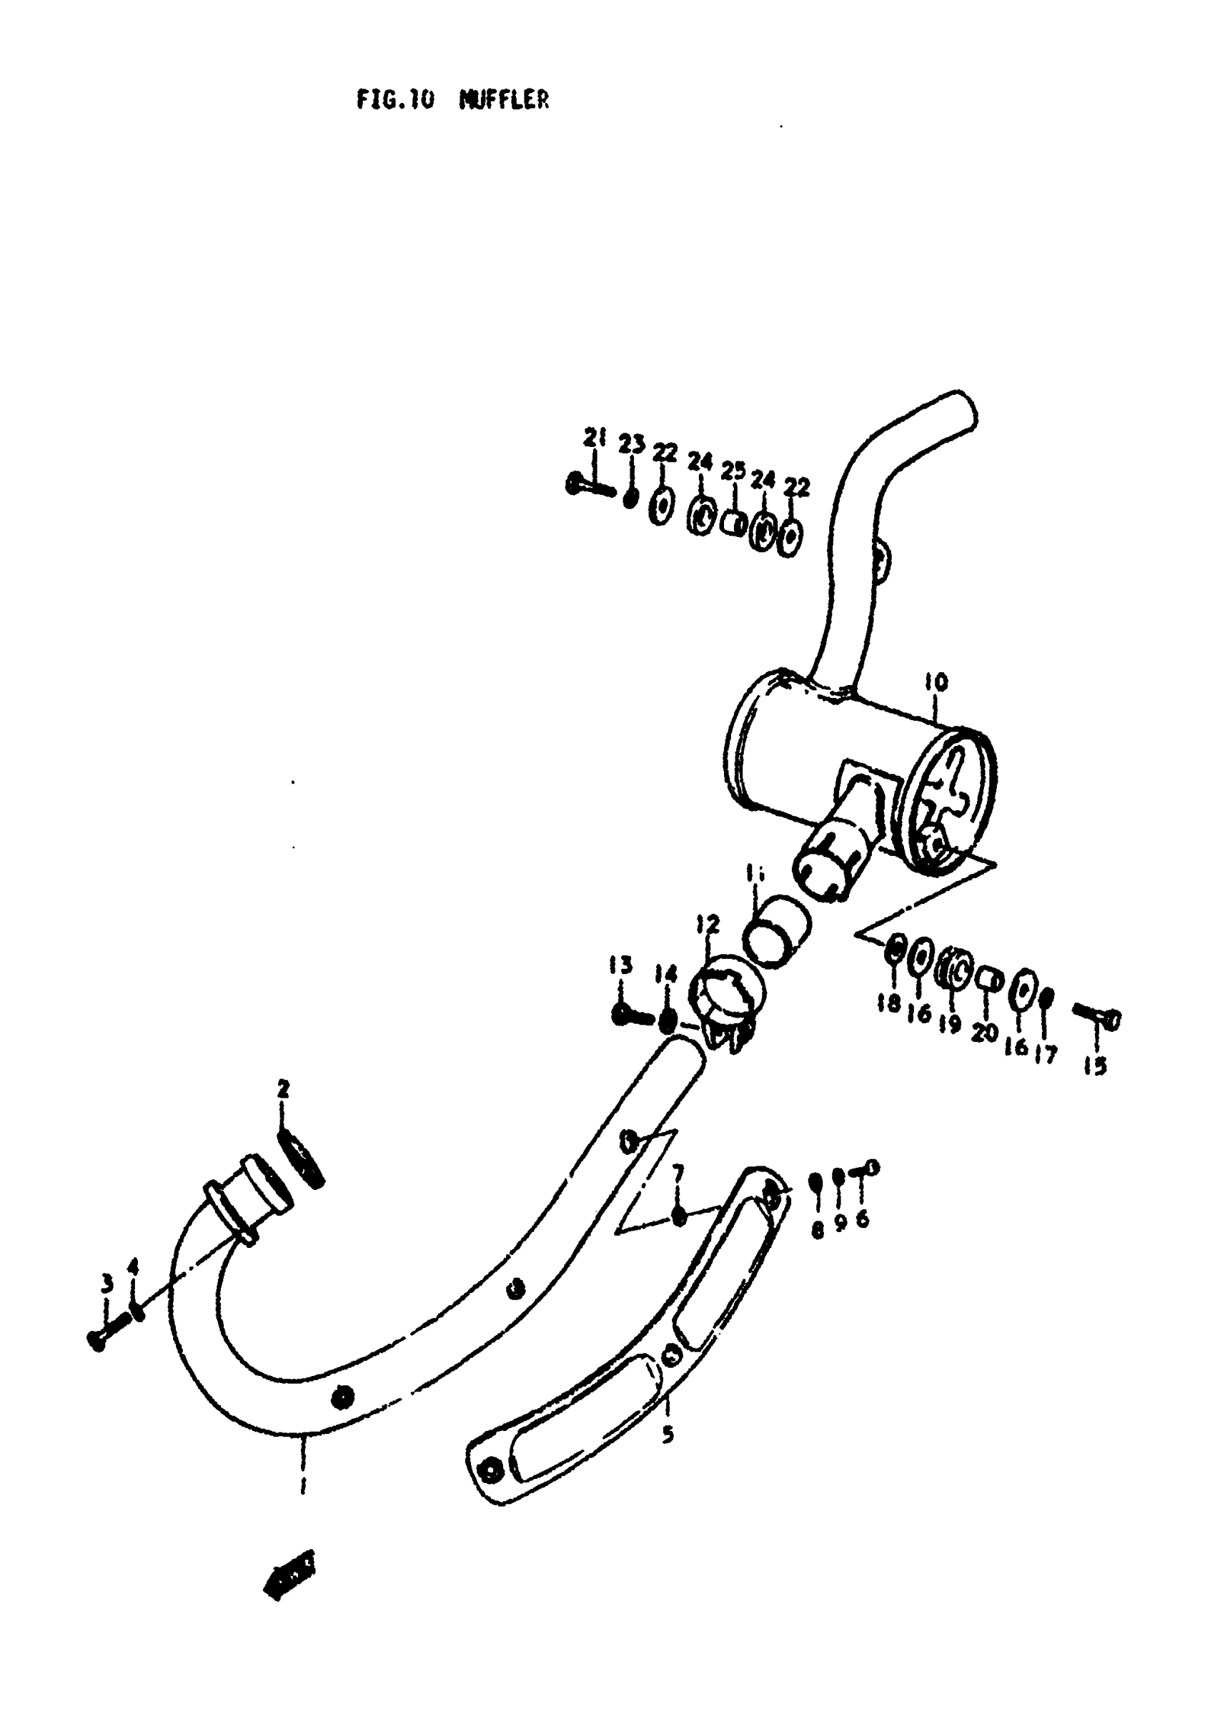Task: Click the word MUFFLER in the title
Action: (504, 99)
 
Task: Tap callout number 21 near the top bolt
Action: (595, 437)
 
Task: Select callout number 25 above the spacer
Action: (733, 471)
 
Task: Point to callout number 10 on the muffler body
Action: (936, 682)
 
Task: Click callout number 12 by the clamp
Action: (707, 924)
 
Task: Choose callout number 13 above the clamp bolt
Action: (621, 965)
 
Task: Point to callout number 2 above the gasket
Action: (284, 1088)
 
